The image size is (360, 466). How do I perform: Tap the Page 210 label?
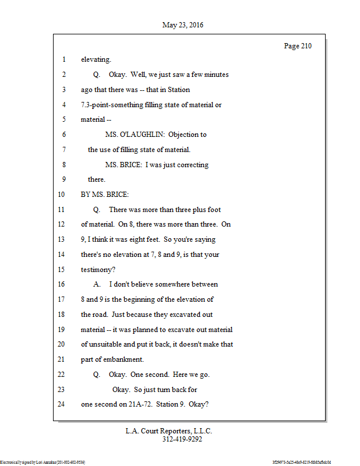pos(298,46)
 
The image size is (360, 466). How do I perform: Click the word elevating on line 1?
pos(96,59)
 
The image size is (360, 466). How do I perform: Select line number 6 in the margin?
pos(63,135)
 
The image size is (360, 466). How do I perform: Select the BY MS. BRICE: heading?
pos(105,195)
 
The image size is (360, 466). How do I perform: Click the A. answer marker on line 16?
pos(97,285)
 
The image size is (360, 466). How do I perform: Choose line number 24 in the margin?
pos(62,405)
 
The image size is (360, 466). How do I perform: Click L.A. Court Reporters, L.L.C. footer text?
pos(169,431)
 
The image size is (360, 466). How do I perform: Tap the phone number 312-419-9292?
pos(182,439)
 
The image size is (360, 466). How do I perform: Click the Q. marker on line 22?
pos(97,375)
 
